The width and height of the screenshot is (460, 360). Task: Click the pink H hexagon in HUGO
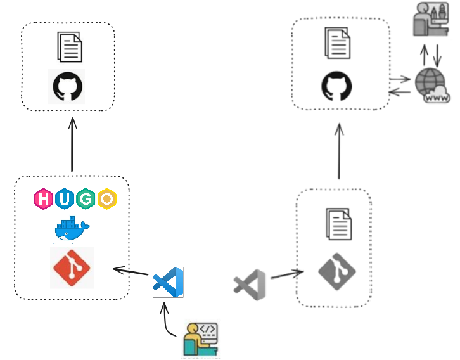[44, 199]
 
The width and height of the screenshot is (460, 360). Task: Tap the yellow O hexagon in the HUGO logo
[106, 199]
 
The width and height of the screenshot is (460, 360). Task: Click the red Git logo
[72, 267]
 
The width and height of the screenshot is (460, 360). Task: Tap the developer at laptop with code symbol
[201, 339]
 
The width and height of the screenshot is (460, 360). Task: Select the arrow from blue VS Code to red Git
[132, 273]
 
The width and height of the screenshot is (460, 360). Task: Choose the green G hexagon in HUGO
[86, 199]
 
